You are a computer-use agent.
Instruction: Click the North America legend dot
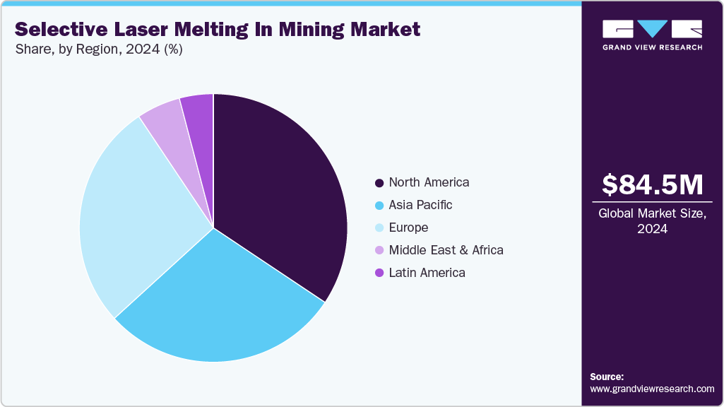pos(379,182)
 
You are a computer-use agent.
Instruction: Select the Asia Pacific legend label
pos(420,205)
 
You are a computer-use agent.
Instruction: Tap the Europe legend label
pos(408,228)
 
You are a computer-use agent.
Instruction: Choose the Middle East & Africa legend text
pos(446,250)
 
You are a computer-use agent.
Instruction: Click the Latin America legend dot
pos(379,273)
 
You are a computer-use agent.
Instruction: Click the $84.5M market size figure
pos(652,185)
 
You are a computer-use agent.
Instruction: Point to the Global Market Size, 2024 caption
pos(652,220)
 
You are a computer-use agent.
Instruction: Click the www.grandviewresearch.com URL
pos(652,389)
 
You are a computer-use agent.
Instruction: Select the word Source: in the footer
pos(607,377)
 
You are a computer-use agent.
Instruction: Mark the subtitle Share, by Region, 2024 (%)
pos(99,49)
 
